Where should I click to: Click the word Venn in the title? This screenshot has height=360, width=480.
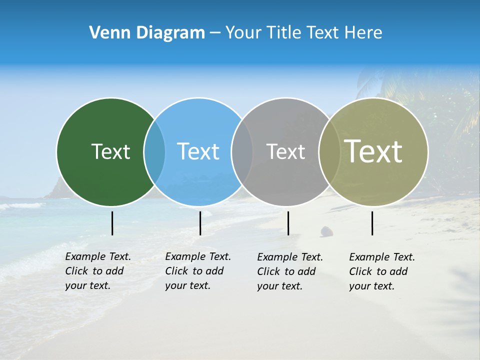(x=106, y=33)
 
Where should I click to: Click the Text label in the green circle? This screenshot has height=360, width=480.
(x=110, y=151)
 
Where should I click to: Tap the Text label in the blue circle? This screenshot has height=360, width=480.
(x=198, y=151)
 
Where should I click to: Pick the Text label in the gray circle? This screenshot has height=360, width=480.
(x=285, y=151)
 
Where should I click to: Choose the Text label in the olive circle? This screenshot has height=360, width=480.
(x=373, y=151)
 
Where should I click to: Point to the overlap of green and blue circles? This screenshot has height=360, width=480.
(x=154, y=152)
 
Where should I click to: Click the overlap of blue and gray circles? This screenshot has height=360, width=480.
(x=242, y=152)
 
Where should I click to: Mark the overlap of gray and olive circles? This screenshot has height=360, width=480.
(x=329, y=152)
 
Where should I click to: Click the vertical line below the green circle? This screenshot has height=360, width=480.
(x=112, y=223)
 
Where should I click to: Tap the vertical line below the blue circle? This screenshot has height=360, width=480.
(x=200, y=223)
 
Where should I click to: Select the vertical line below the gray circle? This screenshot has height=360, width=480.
(x=288, y=223)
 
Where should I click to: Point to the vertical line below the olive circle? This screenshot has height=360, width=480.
(x=372, y=223)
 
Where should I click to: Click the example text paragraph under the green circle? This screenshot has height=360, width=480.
(x=97, y=271)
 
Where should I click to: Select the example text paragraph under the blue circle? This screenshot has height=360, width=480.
(x=197, y=271)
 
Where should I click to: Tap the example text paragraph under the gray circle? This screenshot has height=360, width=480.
(x=289, y=271)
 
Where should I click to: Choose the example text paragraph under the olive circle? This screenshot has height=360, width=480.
(x=381, y=271)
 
